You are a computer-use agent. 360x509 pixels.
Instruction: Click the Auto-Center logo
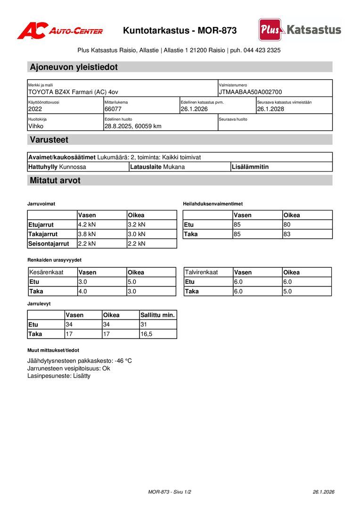[60, 31]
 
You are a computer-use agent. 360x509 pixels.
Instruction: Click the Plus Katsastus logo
[300, 30]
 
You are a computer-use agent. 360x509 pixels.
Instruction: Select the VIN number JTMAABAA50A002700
[250, 92]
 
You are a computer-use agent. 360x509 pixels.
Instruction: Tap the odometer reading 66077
[113, 109]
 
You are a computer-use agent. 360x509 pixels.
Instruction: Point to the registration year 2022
[35, 109]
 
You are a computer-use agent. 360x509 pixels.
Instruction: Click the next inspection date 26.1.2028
[270, 109]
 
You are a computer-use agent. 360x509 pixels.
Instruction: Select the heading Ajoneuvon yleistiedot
[74, 67]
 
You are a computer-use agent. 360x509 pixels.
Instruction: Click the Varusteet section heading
[49, 140]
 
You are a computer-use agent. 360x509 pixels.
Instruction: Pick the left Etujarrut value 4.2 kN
[87, 225]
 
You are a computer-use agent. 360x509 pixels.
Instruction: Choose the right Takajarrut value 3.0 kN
[137, 234]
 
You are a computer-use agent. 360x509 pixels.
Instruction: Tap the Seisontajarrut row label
[49, 244]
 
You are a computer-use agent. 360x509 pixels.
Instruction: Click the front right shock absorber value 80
[287, 225]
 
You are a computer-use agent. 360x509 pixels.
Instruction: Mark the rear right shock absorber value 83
[287, 234]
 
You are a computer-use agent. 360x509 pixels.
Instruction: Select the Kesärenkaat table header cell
[46, 272]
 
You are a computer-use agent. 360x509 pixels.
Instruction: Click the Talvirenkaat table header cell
[201, 272]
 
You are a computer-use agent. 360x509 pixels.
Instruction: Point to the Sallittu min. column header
[157, 315]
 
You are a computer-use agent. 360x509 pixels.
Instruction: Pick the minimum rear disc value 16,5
[147, 334]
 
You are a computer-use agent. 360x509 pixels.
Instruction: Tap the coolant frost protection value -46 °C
[123, 361]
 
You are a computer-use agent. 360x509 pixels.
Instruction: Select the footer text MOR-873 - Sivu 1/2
[170, 492]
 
